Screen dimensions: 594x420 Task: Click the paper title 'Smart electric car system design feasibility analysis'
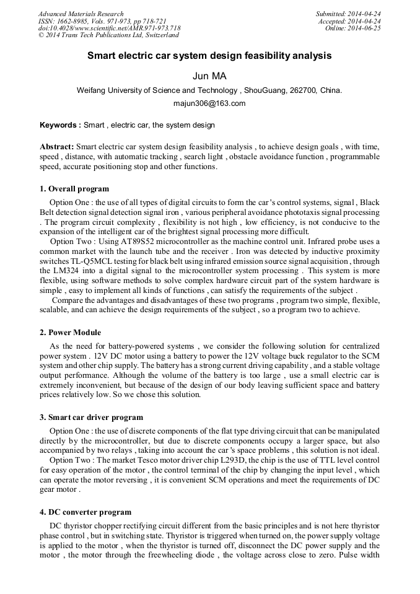pos(209,56)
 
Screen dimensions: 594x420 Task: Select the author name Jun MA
pos(209,76)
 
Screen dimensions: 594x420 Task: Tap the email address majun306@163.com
pos(209,103)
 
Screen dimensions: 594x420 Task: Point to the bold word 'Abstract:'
pos(57,147)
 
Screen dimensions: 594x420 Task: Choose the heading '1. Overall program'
pos(74,189)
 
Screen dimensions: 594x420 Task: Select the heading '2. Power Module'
pos(70,333)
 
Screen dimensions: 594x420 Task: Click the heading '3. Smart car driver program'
pos(91,417)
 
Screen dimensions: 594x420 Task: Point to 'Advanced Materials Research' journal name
pos(81,14)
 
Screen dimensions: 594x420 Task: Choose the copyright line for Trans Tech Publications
pos(108,35)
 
